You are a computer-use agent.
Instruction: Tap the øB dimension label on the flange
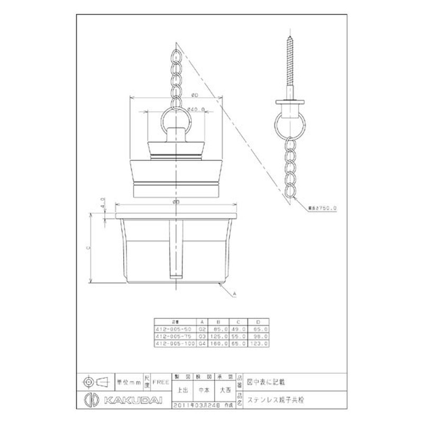[176, 202]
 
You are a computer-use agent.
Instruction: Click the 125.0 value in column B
[216, 335]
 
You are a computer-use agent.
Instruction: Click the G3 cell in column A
[201, 335]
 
